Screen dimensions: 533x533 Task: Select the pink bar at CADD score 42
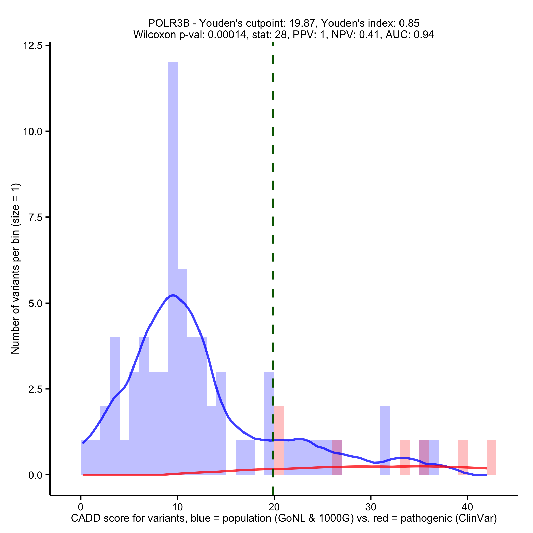[x=491, y=457]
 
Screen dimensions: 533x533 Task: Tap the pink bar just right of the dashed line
[x=279, y=440]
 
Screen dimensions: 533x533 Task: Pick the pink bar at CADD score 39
[x=462, y=457]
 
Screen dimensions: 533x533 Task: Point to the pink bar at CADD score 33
[x=404, y=457]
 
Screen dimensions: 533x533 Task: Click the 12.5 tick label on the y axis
[x=32, y=45]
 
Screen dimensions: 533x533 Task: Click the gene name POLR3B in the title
[x=169, y=23]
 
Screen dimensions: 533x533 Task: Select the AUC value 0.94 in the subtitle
[x=423, y=35]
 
